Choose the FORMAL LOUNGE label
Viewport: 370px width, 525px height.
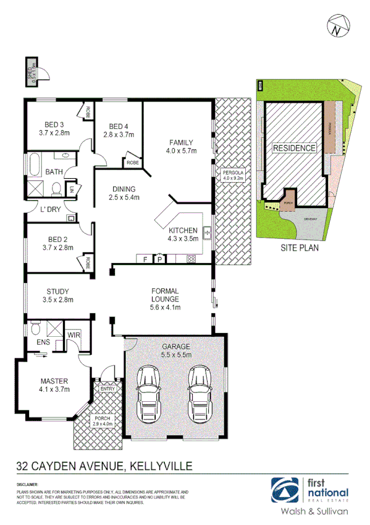[165, 296]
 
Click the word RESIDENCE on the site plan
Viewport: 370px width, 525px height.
[295, 148]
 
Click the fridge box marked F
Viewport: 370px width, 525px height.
[145, 259]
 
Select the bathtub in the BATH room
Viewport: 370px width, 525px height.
[32, 165]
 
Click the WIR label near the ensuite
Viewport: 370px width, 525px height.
[74, 335]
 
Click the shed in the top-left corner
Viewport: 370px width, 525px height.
[31, 71]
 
